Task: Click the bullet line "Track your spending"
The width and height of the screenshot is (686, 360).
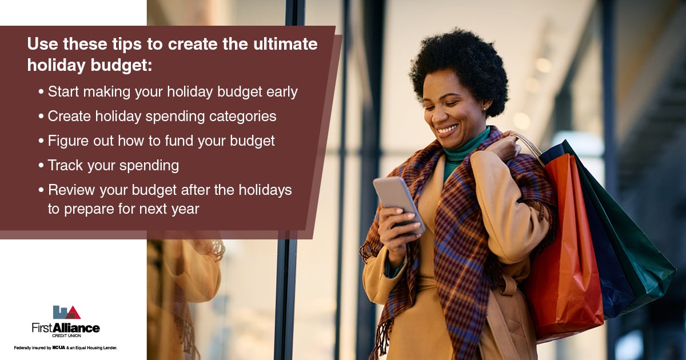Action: click(113, 166)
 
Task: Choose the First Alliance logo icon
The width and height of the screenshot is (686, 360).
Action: click(66, 312)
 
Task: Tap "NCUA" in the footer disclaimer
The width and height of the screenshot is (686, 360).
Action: click(58, 347)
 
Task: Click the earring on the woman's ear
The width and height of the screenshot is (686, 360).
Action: click(484, 109)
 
